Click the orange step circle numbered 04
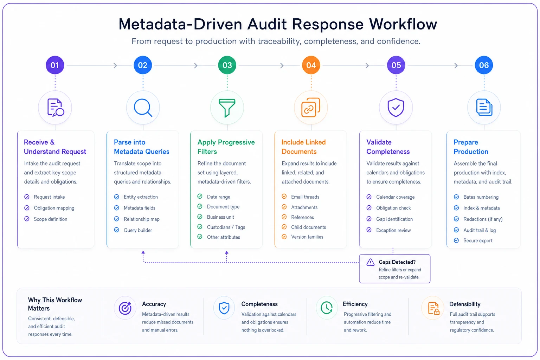click(x=311, y=65)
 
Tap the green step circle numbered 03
click(x=227, y=65)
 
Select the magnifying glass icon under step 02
click(x=143, y=108)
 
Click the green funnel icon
click(x=227, y=108)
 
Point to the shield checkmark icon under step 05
click(x=396, y=107)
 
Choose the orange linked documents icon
click(x=311, y=107)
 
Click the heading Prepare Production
click(x=471, y=147)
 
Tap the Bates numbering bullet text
click(x=481, y=197)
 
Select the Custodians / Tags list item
click(x=226, y=227)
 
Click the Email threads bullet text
click(x=305, y=197)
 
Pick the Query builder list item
click(x=138, y=230)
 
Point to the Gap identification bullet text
click(x=394, y=219)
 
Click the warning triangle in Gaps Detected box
click(x=370, y=262)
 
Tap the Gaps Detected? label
click(x=397, y=262)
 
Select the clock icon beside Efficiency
click(x=327, y=308)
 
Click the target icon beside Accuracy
click(x=125, y=308)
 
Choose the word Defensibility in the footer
click(x=465, y=304)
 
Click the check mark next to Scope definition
click(x=27, y=219)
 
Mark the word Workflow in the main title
click(x=403, y=24)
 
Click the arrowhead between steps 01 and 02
click(x=115, y=66)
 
